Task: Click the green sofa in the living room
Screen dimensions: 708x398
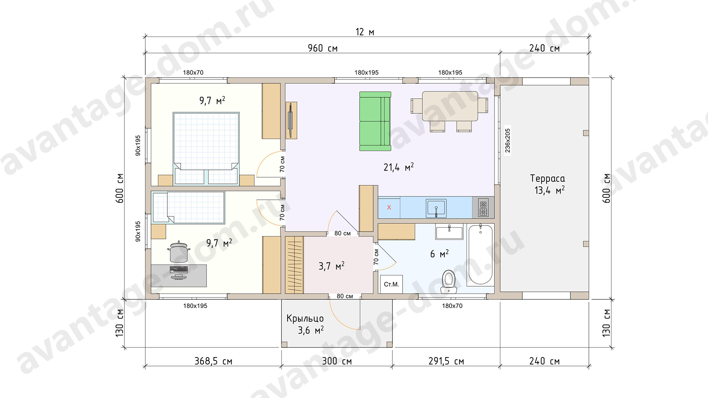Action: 375,121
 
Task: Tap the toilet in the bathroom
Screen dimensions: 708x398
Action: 449,282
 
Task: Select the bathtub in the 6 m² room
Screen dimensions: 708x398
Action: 480,255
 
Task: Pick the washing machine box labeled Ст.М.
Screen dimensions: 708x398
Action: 391,284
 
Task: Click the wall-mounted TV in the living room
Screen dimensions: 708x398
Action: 291,121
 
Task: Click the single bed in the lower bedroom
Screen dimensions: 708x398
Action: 188,207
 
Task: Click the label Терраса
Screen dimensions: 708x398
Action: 547,178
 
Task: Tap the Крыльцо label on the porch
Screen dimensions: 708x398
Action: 305,318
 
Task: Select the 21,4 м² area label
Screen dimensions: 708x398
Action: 399,167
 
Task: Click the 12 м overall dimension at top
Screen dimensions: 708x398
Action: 365,32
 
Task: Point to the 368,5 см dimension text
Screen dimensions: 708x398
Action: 213,361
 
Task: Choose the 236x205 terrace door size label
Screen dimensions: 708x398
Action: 508,140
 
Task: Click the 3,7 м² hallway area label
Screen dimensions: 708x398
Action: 332,266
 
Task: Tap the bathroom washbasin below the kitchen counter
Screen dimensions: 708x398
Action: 449,232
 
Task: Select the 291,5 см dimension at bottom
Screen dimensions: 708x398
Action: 446,361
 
